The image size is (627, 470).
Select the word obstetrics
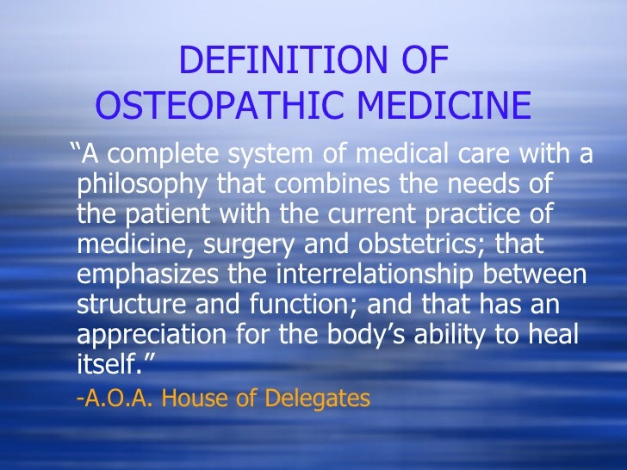(415, 244)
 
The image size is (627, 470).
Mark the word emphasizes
(146, 275)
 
